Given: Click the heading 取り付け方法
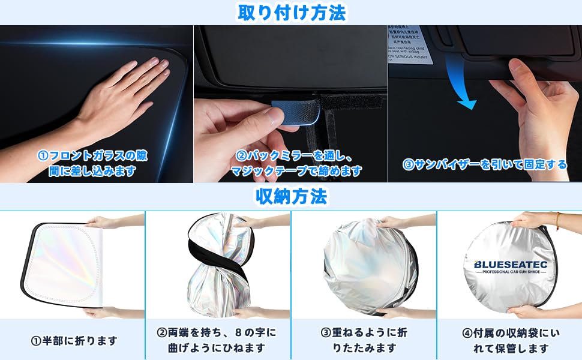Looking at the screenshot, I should [291, 12].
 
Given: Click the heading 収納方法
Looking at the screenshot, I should [291, 196].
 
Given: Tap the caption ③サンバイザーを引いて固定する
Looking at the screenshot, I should [485, 164].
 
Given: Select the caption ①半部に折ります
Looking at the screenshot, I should [73, 341].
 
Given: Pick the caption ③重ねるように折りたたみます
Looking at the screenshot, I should [364, 340].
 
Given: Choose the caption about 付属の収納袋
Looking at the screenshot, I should [509, 340].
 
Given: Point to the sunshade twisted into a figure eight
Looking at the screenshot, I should [220, 264].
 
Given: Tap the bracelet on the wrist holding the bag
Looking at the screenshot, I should [557, 220].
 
